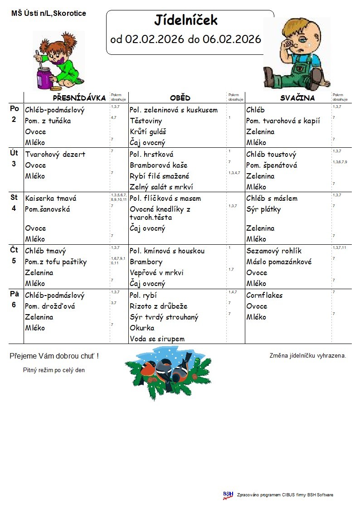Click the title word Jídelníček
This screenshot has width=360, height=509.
point(186,20)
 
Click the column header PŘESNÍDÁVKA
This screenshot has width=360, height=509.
point(79,98)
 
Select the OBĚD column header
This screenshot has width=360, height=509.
point(180,98)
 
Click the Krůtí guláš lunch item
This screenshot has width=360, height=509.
point(148,132)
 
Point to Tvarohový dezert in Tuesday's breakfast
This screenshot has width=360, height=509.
point(55,154)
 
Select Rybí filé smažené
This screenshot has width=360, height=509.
point(159,176)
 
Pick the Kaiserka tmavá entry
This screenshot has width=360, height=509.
point(51,199)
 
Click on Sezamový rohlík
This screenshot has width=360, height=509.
point(274,251)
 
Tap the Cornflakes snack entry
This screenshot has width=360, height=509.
point(264,296)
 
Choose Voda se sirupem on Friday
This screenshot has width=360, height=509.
point(157,339)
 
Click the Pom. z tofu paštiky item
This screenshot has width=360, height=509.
point(56,262)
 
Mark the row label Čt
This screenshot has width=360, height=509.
point(14,250)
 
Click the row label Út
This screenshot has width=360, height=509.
point(14,153)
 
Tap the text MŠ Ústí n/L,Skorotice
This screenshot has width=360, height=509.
point(49,14)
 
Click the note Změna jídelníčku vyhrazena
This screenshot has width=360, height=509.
point(308,356)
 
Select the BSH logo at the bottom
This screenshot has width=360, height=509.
point(228,495)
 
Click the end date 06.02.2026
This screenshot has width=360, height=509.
point(232,39)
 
